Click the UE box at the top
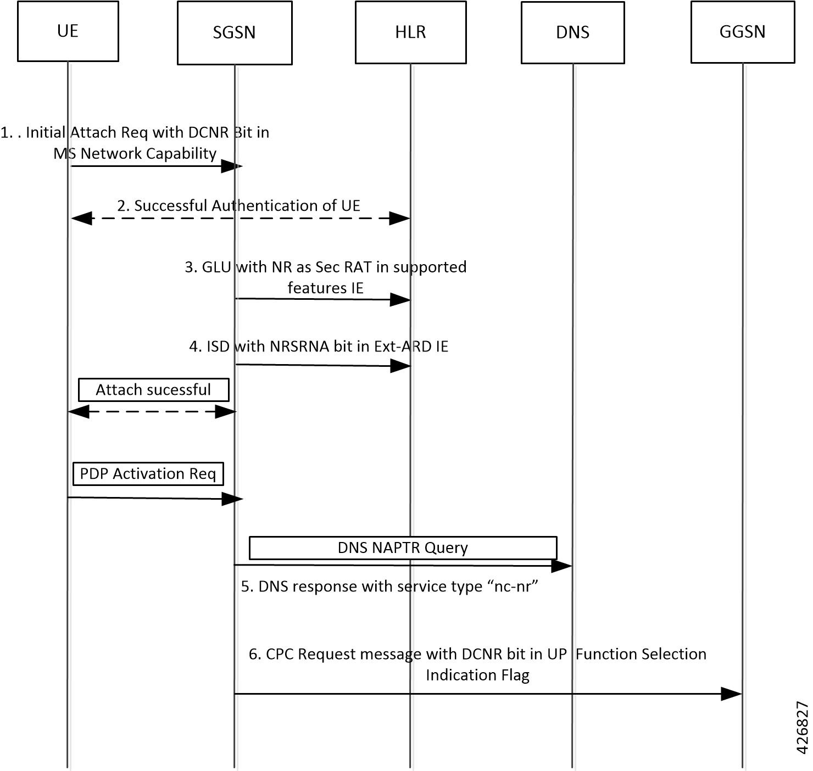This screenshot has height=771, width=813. [x=68, y=31]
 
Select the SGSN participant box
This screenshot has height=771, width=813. [x=235, y=33]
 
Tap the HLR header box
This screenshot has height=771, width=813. [x=410, y=32]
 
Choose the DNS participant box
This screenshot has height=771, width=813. [x=572, y=32]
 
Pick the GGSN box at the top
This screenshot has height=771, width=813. [x=742, y=32]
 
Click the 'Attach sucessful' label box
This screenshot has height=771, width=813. [x=153, y=390]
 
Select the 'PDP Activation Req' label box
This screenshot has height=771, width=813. [x=148, y=474]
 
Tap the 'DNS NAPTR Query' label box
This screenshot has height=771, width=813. [x=403, y=548]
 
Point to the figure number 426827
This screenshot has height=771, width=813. [x=802, y=728]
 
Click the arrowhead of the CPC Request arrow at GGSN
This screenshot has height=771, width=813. [x=732, y=694]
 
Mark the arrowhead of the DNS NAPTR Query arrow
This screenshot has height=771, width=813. [x=562, y=566]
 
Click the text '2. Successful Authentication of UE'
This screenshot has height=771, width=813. [x=238, y=206]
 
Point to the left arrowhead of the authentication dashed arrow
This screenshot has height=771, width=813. [x=81, y=219]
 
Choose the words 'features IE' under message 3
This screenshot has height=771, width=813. [x=325, y=288]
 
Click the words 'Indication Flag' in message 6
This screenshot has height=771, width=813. [x=477, y=675]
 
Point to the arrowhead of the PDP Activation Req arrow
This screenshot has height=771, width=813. [x=232, y=499]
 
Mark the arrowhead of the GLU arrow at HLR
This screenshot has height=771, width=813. [x=400, y=299]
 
